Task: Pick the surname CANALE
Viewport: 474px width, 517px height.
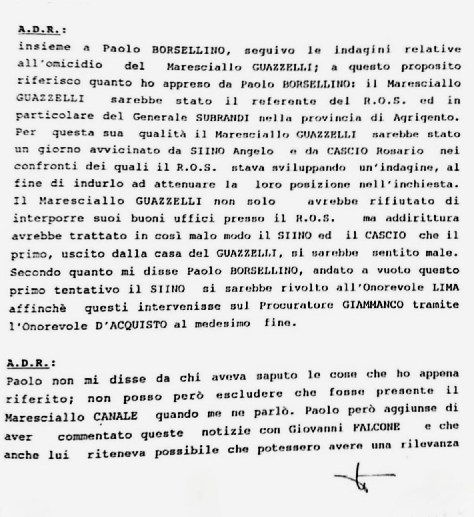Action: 116,416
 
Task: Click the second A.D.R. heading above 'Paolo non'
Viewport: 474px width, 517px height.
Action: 30,364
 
